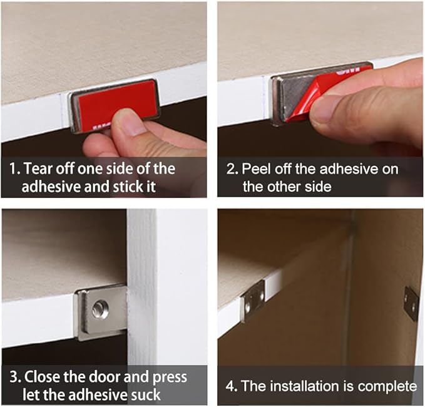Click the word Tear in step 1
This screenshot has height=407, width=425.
tap(36, 168)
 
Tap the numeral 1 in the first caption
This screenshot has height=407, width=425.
tap(13, 168)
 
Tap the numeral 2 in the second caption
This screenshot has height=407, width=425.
tap(231, 168)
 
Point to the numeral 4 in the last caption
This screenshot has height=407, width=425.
tap(231, 386)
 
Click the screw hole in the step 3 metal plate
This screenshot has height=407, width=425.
tap(101, 309)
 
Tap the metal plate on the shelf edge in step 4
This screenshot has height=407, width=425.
tap(253, 302)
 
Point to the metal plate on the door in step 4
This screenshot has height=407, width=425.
tap(411, 303)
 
